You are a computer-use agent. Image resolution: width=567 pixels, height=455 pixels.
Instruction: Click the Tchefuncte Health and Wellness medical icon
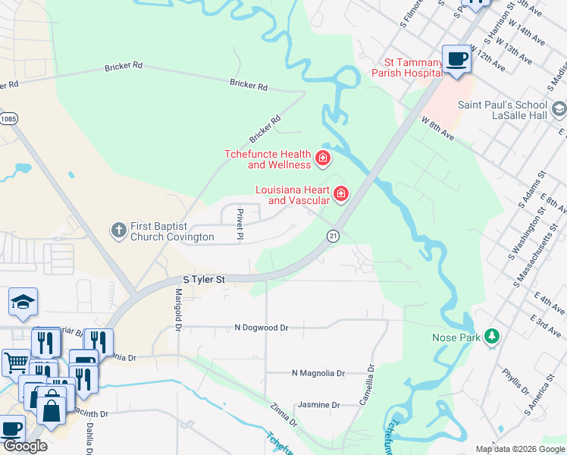point(323,158)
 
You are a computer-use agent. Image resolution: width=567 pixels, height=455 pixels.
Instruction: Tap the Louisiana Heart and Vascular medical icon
point(341,195)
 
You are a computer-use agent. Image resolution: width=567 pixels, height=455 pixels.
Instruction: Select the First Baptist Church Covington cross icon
point(117,229)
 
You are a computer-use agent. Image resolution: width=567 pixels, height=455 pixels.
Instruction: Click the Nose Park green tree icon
point(492,336)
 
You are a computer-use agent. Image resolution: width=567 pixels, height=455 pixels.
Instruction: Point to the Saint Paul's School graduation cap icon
point(559,109)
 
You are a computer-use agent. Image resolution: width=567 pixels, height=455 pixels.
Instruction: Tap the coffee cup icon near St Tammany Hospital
point(457,59)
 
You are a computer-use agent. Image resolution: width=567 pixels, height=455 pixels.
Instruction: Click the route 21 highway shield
point(333,236)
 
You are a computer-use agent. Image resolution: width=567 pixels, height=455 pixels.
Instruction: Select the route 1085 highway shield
point(8,118)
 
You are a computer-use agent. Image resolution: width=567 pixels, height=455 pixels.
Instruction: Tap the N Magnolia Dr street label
point(318,373)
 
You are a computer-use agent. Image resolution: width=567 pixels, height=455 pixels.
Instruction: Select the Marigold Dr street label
point(179,309)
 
